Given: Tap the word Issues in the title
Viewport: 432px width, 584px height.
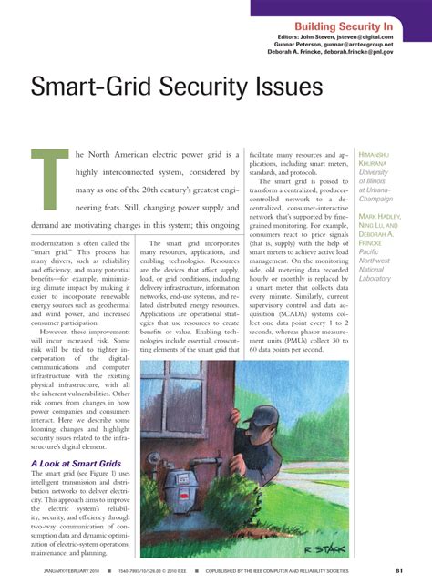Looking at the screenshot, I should coord(283,87).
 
